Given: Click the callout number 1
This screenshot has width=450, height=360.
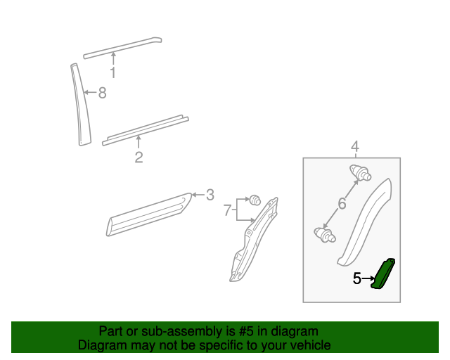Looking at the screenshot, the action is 113,72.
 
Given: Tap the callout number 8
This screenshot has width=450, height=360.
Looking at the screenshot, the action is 103,93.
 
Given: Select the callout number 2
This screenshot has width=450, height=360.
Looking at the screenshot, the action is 139,157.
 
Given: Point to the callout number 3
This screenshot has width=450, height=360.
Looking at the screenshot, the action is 210,195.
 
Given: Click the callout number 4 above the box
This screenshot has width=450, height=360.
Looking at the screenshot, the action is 355,147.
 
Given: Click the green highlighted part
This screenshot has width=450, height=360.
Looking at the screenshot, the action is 382,274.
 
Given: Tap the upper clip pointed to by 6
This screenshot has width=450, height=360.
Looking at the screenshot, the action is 361,172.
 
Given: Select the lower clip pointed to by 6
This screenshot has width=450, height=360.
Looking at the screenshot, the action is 325,235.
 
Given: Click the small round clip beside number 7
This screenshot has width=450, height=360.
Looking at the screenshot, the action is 255,200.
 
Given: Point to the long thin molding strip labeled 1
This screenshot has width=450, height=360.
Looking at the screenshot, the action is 122,48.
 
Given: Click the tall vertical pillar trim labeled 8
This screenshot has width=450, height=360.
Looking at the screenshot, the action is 80,105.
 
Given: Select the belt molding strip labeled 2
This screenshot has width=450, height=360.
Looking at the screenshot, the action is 146,131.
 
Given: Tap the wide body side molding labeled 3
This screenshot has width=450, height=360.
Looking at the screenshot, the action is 148,214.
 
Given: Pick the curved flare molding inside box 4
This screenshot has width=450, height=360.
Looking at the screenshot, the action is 364,222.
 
